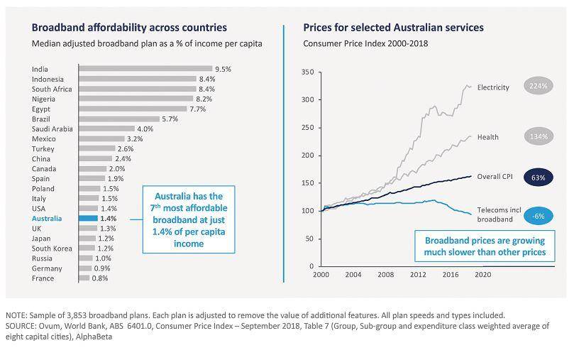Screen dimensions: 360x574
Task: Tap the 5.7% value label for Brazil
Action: pyautogui.click(x=171, y=119)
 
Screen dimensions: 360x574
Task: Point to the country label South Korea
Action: pyautogui.click(x=53, y=249)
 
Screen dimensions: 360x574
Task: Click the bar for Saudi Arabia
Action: pyautogui.click(x=106, y=129)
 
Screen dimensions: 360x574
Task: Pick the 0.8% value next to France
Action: pyautogui.click(x=99, y=279)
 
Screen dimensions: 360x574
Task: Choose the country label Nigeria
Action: pyautogui.click(x=46, y=99)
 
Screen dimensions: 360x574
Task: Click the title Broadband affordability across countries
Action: pyautogui.click(x=129, y=28)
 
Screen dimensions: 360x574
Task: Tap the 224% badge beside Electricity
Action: pyautogui.click(x=536, y=87)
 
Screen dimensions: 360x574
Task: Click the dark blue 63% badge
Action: pyautogui.click(x=537, y=177)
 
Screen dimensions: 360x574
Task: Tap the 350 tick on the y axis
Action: pyautogui.click(x=307, y=72)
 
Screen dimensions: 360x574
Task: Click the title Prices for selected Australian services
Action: pyautogui.click(x=393, y=28)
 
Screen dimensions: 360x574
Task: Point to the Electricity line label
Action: pyautogui.click(x=493, y=87)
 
